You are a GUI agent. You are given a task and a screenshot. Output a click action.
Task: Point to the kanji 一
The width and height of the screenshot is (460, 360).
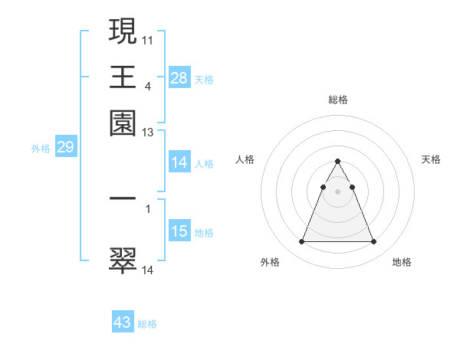pyautogui.click(x=123, y=198)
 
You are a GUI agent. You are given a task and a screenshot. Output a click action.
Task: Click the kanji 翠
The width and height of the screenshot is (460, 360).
pyautogui.click(x=123, y=260)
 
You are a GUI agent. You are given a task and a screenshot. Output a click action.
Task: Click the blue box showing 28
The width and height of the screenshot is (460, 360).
pyautogui.click(x=179, y=77)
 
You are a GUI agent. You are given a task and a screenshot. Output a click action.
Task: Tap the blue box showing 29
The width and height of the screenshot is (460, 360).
pyautogui.click(x=65, y=147)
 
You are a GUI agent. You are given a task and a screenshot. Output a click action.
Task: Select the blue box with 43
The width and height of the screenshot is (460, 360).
pyautogui.click(x=123, y=322)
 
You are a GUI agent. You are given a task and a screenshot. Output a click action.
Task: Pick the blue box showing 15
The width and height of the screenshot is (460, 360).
pyautogui.click(x=179, y=231)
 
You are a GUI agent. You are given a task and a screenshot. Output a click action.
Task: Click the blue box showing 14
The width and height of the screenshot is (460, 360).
pyautogui.click(x=179, y=162)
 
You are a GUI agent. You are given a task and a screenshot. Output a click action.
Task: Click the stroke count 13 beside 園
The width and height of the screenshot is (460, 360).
pyautogui.click(x=148, y=133)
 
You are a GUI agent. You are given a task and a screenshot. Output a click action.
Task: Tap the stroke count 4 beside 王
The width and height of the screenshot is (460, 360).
pyautogui.click(x=148, y=87)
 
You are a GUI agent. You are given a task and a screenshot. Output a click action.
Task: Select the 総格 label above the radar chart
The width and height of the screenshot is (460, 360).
pyautogui.click(x=337, y=100)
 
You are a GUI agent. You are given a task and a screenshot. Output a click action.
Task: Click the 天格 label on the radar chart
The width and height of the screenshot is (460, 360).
pyautogui.click(x=431, y=159)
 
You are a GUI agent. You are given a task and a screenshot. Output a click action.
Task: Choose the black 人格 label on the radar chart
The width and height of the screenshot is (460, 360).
pyautogui.click(x=245, y=159)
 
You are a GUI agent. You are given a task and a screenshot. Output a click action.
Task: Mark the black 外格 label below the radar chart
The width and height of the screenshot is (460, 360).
pyautogui.click(x=270, y=262)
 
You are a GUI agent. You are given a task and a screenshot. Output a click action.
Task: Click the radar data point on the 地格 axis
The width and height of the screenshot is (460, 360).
pyautogui.click(x=373, y=242)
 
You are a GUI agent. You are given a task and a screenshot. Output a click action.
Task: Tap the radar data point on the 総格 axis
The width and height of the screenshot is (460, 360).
pyautogui.click(x=337, y=161)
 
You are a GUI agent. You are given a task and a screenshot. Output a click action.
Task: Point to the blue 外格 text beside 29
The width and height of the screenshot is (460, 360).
pyautogui.click(x=40, y=149)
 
